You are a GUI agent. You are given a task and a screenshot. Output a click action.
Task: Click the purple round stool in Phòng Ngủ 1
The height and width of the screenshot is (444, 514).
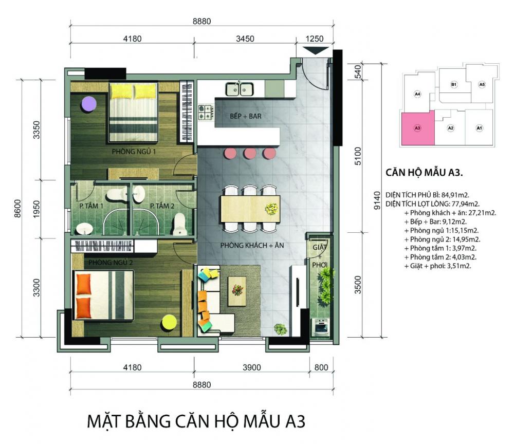point(88,104)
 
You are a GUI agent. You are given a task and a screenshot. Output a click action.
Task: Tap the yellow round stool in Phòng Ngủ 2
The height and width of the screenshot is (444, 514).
point(170,323)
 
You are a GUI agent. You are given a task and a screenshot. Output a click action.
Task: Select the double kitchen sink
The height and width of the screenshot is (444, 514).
point(240,89)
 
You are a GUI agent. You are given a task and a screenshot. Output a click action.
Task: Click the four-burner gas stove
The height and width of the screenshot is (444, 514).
point(206,112)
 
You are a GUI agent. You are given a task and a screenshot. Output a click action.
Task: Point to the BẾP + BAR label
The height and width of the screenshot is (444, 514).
point(246,116)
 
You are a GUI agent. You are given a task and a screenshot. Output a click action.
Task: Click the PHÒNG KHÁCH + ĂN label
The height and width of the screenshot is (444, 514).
point(252,245)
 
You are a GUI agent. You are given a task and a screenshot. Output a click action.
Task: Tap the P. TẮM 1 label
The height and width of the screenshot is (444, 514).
point(91,206)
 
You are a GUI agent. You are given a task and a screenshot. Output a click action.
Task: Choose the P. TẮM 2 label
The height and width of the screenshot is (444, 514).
point(162,206)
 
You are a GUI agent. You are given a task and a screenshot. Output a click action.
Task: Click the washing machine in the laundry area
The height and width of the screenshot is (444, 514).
point(320,326)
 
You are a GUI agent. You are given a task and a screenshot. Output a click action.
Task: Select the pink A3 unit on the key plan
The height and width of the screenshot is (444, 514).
point(418,128)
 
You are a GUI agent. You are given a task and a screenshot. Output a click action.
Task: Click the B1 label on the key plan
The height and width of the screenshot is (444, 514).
point(454,85)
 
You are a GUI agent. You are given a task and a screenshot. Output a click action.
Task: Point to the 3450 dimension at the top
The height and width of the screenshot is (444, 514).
point(245,39)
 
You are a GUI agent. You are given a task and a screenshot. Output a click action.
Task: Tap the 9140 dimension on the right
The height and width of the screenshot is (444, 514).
point(377,200)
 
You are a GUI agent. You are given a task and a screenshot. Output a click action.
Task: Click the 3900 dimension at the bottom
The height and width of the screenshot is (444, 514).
point(252,367)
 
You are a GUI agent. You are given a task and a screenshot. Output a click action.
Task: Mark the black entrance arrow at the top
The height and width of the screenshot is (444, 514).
point(316,51)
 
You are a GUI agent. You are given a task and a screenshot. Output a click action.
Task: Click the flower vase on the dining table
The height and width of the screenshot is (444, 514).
point(272,209)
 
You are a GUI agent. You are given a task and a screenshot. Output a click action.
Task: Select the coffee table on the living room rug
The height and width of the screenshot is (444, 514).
point(236,291)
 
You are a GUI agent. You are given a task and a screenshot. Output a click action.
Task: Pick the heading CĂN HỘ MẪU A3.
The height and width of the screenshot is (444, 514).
point(424,172)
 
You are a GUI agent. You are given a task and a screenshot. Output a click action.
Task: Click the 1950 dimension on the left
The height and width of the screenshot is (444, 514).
point(36,209)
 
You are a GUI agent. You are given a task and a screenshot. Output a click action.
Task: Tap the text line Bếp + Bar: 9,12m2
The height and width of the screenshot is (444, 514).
point(435,221)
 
